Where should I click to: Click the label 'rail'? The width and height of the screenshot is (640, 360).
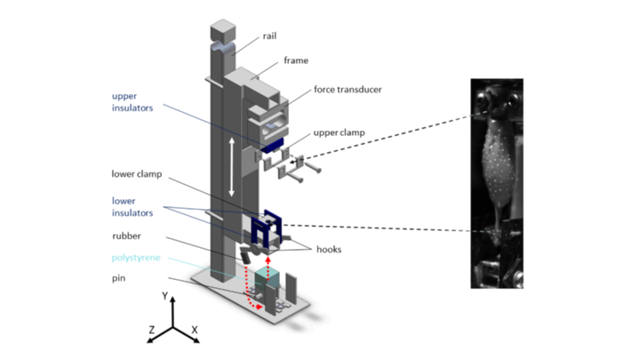(x=269, y=36)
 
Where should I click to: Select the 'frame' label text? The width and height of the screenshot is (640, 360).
(x=296, y=60)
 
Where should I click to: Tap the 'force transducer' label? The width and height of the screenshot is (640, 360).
(x=348, y=90)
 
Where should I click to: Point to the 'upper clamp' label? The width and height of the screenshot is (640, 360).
(x=339, y=133)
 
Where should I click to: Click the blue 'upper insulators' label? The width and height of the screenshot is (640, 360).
(x=132, y=102)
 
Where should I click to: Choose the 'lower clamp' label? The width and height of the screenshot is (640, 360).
(x=137, y=174)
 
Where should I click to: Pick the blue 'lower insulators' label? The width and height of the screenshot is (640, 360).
(x=132, y=207)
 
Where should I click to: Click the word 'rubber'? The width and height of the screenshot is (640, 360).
(x=126, y=236)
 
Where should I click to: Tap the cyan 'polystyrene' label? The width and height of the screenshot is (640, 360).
(x=136, y=258)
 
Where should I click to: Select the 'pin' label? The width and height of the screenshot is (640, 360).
(x=119, y=278)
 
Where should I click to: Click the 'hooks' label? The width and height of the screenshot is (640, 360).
(x=329, y=250)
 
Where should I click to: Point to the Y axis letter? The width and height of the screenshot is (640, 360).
(x=165, y=296)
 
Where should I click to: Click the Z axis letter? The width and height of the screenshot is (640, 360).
(x=152, y=330)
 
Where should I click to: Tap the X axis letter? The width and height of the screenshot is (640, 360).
(x=195, y=330)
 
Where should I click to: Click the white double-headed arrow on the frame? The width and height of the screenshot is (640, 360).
(x=231, y=167)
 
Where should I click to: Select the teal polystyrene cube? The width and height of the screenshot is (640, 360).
(x=268, y=279)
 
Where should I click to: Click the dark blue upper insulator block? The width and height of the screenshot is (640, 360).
(x=272, y=146)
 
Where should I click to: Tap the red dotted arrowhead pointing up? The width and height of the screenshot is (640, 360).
(x=268, y=260)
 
